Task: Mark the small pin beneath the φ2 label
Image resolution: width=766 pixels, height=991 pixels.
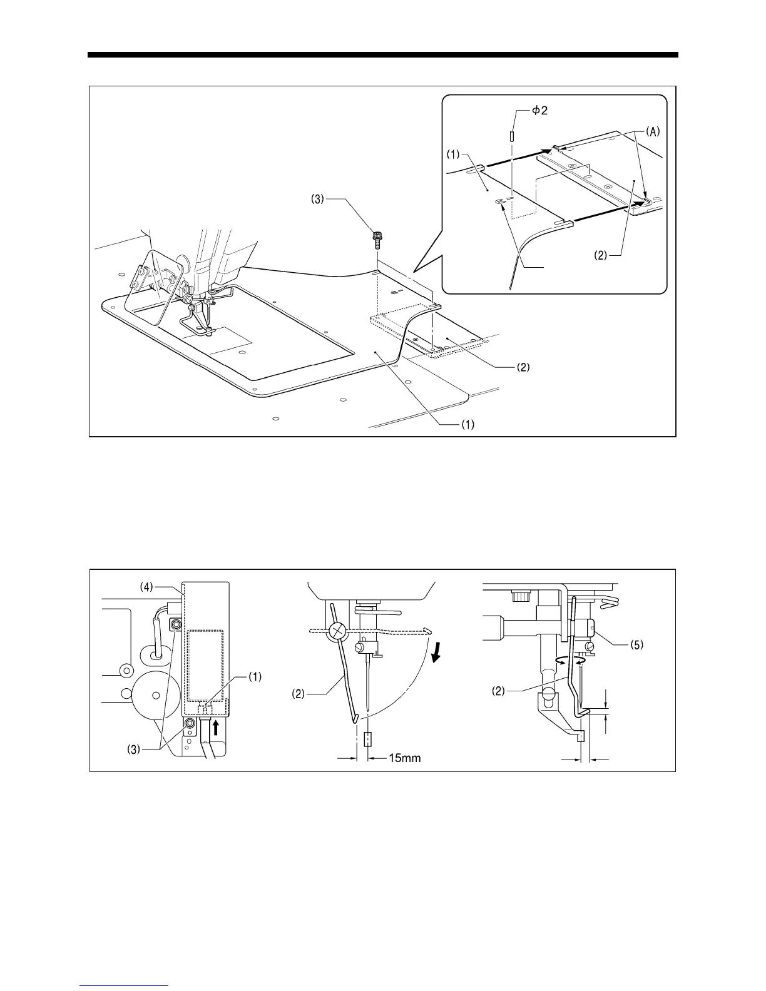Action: coord(511,135)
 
